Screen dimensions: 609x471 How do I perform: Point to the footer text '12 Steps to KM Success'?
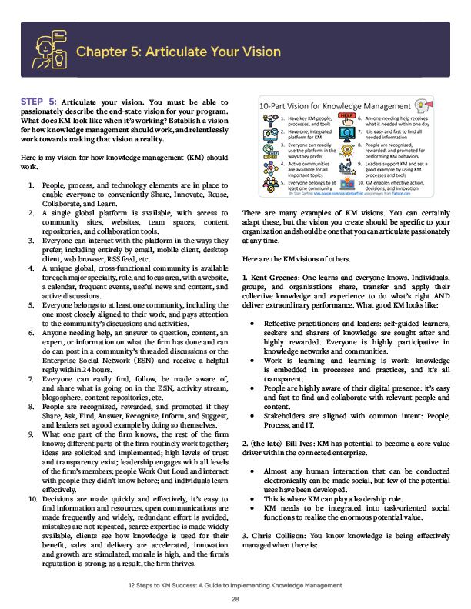tap(170, 584)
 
